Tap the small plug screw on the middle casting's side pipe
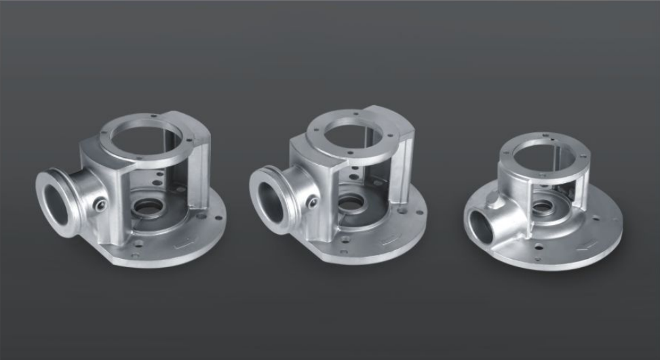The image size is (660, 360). [312, 201]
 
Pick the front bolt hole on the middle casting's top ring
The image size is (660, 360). [348, 155]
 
